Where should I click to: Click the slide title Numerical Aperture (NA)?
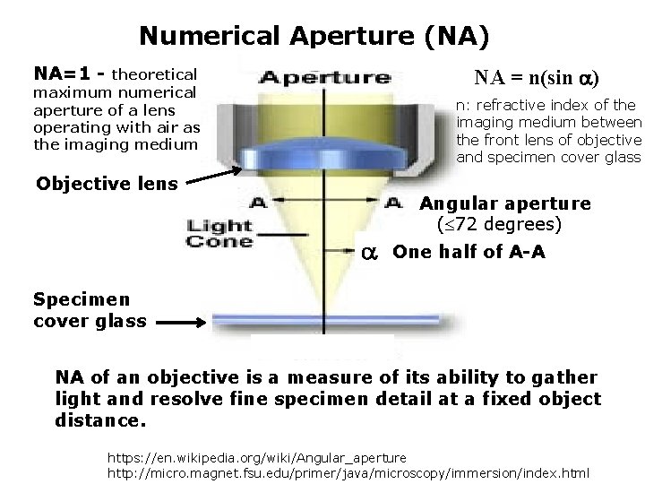(x=314, y=36)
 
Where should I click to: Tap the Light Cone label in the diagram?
(x=220, y=232)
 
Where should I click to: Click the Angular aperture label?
(x=505, y=203)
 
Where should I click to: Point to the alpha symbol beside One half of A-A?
(x=367, y=253)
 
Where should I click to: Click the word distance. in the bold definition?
(x=99, y=419)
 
